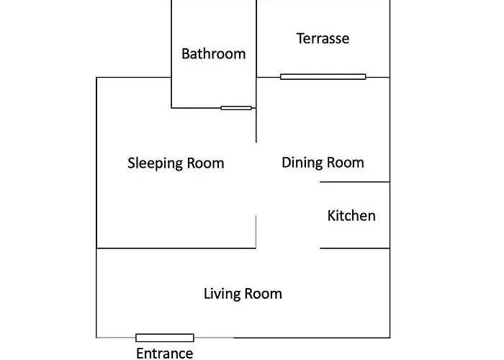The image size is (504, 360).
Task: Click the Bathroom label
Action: (213, 54)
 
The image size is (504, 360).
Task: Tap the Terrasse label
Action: (323, 39)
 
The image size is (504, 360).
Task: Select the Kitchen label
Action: (351, 216)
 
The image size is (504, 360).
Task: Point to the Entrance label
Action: (165, 354)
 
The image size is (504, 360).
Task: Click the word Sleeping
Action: (155, 163)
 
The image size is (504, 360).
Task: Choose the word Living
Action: (222, 294)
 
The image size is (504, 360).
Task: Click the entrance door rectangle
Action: (165, 338)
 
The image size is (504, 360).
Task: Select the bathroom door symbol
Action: (236, 108)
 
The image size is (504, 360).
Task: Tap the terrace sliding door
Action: (323, 77)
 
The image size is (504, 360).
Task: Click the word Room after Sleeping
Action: (205, 163)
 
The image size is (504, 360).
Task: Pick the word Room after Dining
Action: (346, 163)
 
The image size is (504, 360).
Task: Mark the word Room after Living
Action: (264, 294)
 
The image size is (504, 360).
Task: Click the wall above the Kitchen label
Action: (355, 182)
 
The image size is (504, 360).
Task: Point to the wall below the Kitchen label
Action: (355, 248)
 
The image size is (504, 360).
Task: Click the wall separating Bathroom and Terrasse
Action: (256, 39)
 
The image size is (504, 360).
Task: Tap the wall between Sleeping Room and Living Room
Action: (176, 248)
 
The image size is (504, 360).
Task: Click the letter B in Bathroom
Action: (186, 54)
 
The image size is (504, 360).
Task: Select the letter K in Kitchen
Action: (331, 216)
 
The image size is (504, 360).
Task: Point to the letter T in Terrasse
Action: (300, 39)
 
